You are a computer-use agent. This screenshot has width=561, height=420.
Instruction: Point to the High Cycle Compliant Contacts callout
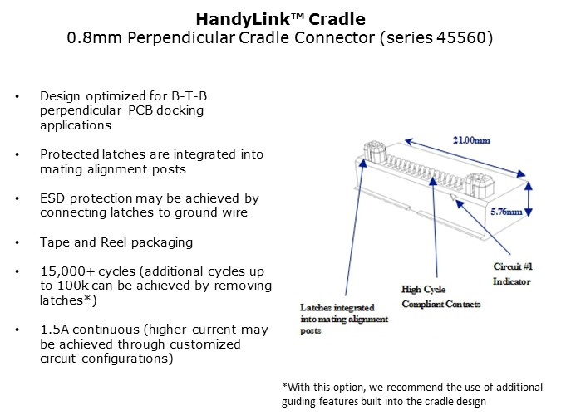click(x=440, y=297)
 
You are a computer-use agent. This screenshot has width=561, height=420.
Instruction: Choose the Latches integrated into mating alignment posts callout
click(x=337, y=318)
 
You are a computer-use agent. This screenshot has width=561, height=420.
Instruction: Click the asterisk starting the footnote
click(x=284, y=388)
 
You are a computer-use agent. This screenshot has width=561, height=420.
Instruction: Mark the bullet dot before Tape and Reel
click(x=19, y=243)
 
